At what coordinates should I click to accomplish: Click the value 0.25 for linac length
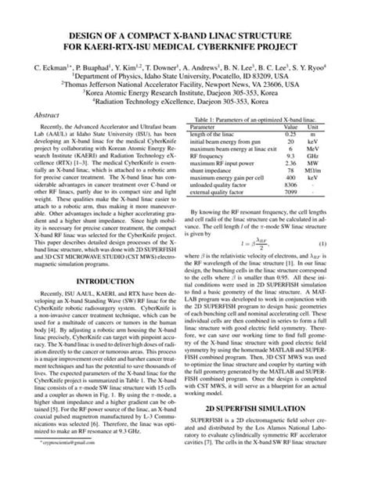tap(290, 134)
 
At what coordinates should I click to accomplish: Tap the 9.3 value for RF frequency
tap(290, 155)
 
